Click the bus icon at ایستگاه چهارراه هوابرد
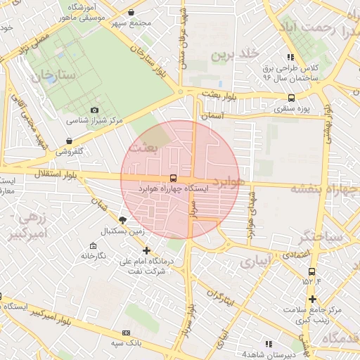173,178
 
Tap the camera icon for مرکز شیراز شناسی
95,110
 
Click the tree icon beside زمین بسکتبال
123,220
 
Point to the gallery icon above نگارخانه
93,245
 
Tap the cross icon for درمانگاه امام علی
146,250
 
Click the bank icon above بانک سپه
126,333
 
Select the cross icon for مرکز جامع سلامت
312,299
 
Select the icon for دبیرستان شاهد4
269,344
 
